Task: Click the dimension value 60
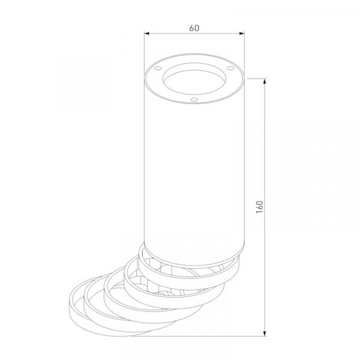coord(194,28)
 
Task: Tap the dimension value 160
coord(259,207)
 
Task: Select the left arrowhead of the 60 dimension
coord(147,34)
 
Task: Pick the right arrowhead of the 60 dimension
coord(242,34)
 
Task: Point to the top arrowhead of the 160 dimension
coord(265,81)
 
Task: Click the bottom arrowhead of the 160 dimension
coord(265,334)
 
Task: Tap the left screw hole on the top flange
coord(158,68)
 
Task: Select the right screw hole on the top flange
coord(230,68)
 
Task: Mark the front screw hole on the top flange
coord(194,100)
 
